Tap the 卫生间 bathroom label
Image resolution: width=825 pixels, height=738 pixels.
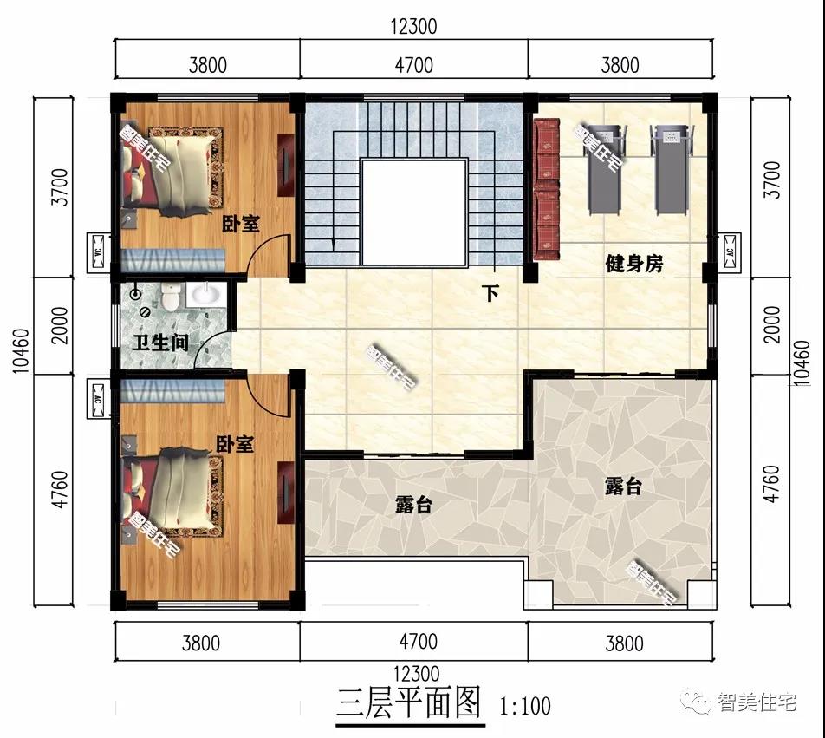tap(160, 343)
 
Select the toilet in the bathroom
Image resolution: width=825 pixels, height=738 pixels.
tap(171, 297)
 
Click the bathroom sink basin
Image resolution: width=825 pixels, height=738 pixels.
tap(205, 295)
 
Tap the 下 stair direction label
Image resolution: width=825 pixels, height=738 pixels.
tap(490, 293)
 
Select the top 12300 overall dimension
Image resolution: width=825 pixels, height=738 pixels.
tap(413, 27)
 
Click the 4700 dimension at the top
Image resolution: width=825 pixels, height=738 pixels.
tap(413, 64)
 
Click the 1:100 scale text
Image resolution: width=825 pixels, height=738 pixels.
tap(524, 705)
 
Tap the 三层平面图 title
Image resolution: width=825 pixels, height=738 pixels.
tap(408, 702)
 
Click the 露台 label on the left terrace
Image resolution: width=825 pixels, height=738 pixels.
tap(412, 505)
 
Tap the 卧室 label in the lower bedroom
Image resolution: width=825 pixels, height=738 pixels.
tap(234, 445)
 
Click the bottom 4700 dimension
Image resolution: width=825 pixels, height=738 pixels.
tap(413, 643)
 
